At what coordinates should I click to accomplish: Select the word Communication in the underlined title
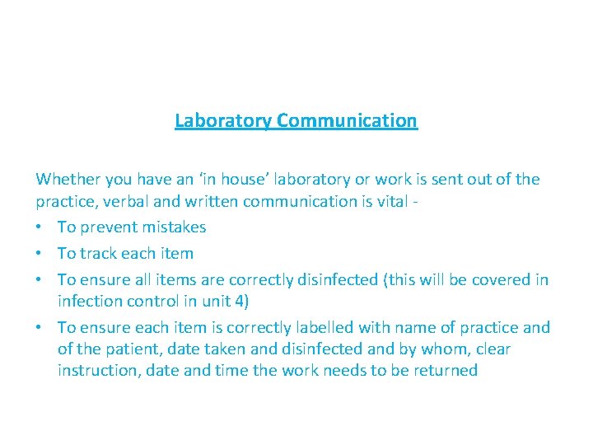pos(347,121)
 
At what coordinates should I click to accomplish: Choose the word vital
pos(386,201)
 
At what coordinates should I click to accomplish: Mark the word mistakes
pos(172,227)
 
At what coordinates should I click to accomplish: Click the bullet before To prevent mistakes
pos(40,227)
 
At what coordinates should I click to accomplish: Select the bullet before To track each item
pos(40,254)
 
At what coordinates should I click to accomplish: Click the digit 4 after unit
pos(250,302)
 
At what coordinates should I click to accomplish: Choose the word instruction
pos(98,371)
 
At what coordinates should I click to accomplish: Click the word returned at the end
pos(446,371)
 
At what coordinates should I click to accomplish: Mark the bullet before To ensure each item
pos(40,328)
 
